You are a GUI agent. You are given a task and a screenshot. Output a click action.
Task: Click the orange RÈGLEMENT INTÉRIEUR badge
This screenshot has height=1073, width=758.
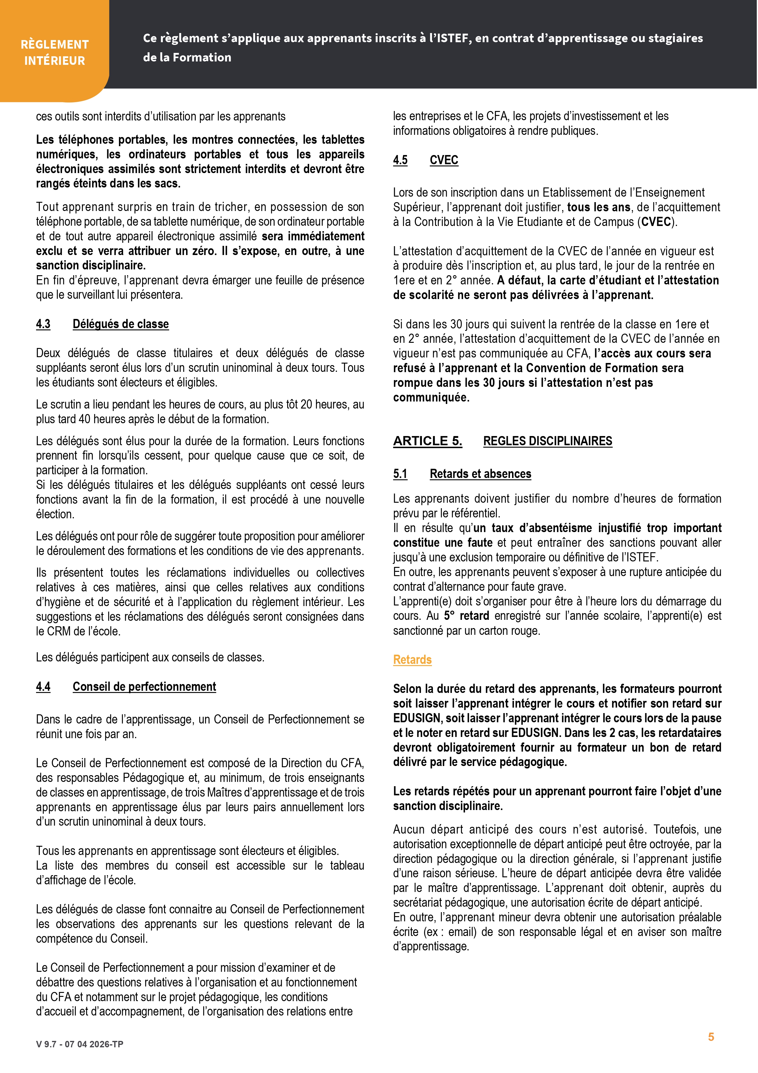[x=55, y=52]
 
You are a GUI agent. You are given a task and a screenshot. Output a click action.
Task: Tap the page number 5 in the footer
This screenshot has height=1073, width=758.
[x=711, y=1037]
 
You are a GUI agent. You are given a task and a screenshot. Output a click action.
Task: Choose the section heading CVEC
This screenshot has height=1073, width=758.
[x=444, y=160]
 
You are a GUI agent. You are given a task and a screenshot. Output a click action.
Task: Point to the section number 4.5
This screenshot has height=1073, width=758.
[x=400, y=160]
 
